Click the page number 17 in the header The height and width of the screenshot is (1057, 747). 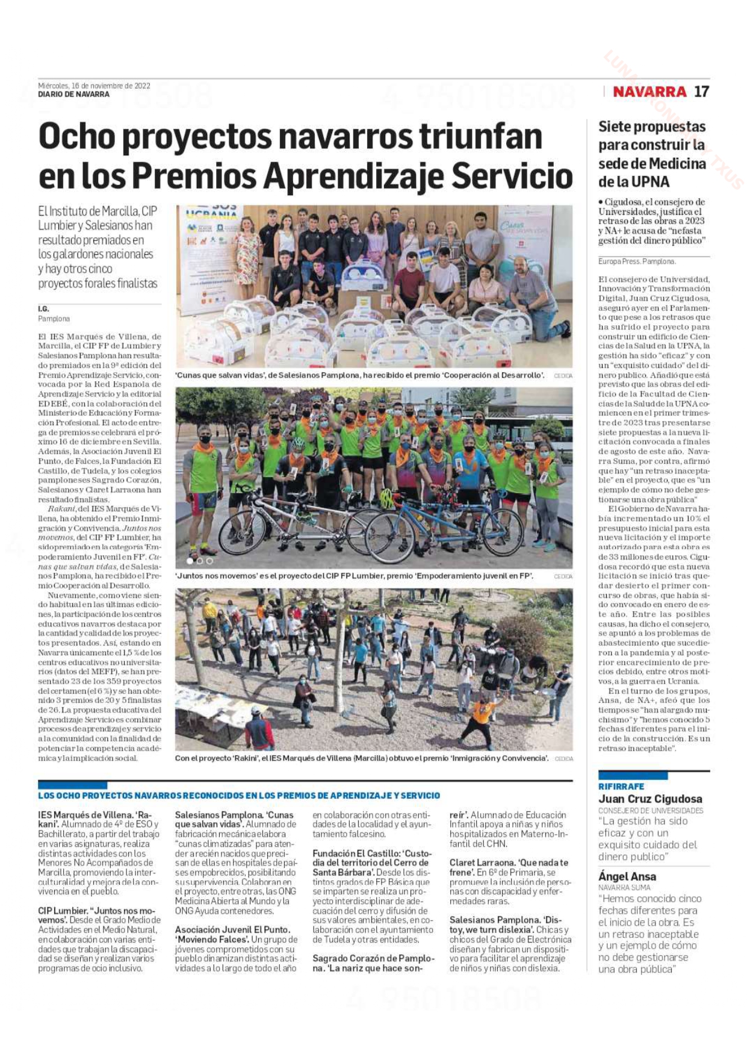tap(701, 92)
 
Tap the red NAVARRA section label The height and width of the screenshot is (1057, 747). tap(649, 92)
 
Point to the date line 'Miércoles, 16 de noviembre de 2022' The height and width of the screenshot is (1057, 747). tap(94, 86)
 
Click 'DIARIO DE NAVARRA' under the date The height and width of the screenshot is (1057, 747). tap(73, 95)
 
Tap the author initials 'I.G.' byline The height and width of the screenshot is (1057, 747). tap(43, 309)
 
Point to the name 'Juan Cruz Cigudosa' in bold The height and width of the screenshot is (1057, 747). tap(650, 799)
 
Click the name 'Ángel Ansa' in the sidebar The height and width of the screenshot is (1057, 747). tap(627, 876)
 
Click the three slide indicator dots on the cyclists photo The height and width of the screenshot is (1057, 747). tap(200, 561)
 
